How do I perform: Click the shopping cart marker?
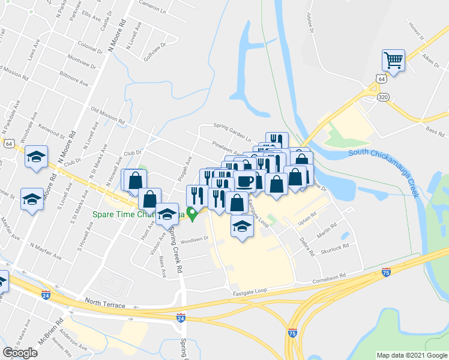coord(393,59)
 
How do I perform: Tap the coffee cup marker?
coord(245,181)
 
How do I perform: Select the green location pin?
coord(192,214)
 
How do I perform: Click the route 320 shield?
coord(382,97)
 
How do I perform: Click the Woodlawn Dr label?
coord(194,238)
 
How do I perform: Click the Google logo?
coord(20,352)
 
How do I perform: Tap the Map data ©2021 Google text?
coord(411,355)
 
